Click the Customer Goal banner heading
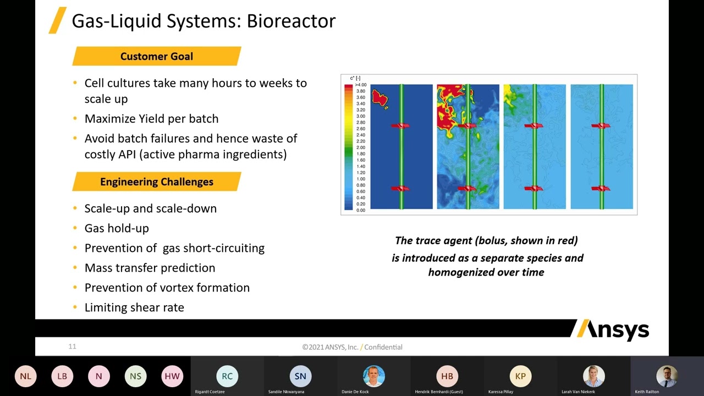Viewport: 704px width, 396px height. tap(156, 56)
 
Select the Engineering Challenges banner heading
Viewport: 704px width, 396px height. tap(156, 182)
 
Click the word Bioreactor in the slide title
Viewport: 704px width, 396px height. tap(291, 21)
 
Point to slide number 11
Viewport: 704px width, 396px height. tap(72, 346)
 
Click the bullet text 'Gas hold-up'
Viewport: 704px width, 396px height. tap(117, 228)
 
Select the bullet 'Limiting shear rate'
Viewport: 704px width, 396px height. tap(134, 307)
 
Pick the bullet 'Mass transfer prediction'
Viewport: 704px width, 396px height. tap(150, 268)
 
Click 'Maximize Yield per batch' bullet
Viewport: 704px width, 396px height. tap(151, 119)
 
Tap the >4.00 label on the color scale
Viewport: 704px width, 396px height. tap(360, 85)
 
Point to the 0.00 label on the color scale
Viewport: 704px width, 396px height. tap(360, 210)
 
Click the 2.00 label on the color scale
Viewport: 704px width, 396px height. tap(360, 147)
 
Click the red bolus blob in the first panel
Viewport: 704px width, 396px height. tap(380, 98)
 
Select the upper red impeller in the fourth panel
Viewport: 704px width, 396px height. tap(601, 125)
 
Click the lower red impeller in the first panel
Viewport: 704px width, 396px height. tap(400, 189)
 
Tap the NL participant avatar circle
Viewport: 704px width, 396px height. tap(25, 376)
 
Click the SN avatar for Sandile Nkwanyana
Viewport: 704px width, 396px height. tap(300, 376)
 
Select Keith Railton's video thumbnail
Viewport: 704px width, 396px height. tap(667, 376)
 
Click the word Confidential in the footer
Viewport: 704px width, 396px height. tap(383, 347)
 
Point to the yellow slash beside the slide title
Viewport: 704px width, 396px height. tap(58, 20)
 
